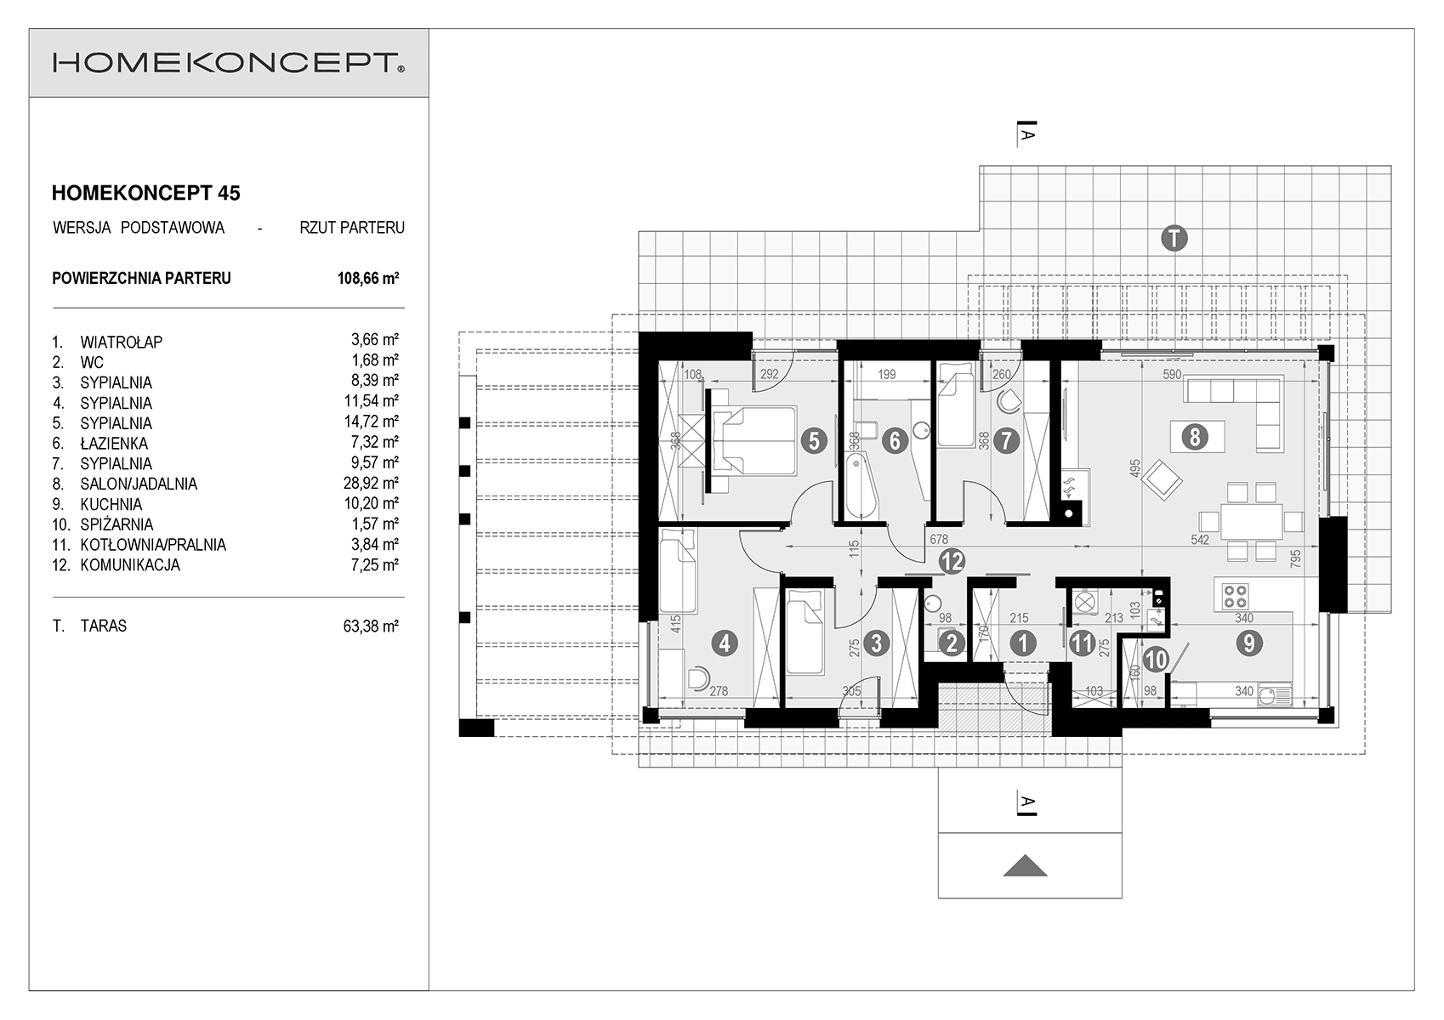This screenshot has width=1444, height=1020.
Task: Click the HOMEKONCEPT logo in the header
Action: pos(229,63)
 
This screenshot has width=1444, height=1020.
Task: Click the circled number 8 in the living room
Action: pos(1195,438)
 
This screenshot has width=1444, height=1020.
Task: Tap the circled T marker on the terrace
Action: pos(1174,238)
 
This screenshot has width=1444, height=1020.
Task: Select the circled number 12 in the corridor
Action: pos(952,561)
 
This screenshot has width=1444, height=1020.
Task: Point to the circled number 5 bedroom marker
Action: pos(814,441)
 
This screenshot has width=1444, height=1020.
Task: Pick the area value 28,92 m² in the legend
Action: pos(371,483)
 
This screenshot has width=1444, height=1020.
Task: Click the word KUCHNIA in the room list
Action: pos(111,505)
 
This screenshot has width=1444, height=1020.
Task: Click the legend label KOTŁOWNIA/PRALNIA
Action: pos(153,545)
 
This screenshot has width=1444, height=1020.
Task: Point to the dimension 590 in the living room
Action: pos(1172,374)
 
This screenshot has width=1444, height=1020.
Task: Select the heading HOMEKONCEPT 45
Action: pos(145,193)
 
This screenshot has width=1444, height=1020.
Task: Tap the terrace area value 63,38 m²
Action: pos(371,626)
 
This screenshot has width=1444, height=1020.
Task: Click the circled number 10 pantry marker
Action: pos(1156,660)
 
